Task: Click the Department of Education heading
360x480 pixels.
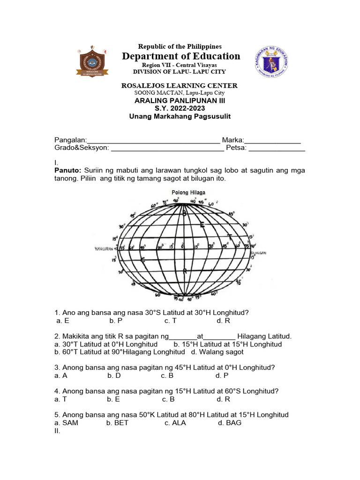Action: coord(181,56)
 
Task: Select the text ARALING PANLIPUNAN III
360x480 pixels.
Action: coord(180,100)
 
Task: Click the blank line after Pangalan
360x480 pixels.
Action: coord(153,140)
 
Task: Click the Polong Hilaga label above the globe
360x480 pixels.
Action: coord(188,193)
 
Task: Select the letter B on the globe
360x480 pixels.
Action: coord(185,214)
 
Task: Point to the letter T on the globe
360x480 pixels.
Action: coord(229,236)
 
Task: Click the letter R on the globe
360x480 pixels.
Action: coord(186,271)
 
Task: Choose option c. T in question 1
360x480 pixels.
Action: coord(170,321)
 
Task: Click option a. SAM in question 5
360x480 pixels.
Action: coord(66,422)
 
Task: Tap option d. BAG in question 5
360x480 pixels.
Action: coord(230,422)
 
